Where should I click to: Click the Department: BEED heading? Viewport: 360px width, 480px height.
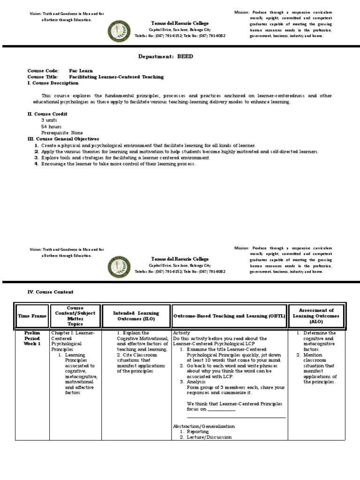click(165, 56)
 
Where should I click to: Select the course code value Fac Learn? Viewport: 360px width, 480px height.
click(81, 71)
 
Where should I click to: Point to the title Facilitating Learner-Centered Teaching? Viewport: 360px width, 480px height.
click(116, 77)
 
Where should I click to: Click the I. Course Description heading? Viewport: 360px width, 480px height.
click(53, 83)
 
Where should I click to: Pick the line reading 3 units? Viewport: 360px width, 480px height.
click(49, 120)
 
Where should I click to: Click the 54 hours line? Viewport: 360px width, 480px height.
click(51, 127)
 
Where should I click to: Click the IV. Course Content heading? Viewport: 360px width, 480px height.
click(50, 292)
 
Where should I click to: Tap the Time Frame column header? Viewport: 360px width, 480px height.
click(32, 316)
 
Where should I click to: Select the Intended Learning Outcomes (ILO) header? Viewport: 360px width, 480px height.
click(136, 316)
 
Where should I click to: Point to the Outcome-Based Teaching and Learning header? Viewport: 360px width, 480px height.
click(229, 316)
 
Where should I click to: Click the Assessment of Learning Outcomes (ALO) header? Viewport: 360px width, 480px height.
click(317, 316)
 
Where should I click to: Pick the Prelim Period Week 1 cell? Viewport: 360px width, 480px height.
click(32, 338)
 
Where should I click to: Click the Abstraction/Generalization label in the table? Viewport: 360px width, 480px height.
click(203, 426)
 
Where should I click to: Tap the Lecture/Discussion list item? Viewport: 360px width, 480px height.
click(209, 437)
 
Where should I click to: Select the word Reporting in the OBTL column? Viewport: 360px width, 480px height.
click(198, 432)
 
